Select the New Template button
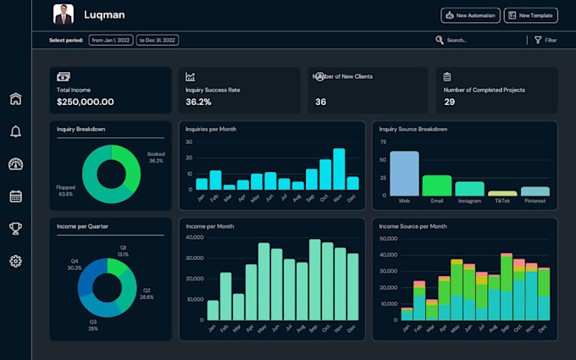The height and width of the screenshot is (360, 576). tap(531, 15)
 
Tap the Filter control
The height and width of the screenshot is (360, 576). tap(546, 40)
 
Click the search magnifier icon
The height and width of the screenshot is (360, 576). tap(440, 40)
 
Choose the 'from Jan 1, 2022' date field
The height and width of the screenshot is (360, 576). tap(111, 40)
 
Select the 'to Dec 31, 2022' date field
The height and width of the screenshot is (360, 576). tap(158, 40)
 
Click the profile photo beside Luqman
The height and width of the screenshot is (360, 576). tap(64, 14)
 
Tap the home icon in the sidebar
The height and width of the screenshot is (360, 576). tap(15, 99)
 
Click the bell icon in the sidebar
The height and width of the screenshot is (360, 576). tap(15, 131)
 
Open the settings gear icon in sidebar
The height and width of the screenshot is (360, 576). tap(15, 261)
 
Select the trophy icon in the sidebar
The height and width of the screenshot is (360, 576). tap(15, 228)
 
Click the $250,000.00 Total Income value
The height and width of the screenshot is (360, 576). tap(85, 102)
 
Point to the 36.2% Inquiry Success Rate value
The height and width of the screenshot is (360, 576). tap(198, 102)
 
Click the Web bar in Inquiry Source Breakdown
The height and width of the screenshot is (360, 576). tap(404, 174)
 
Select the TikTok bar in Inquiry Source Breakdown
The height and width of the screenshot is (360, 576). tap(502, 193)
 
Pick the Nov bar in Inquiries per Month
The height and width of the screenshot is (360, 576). tap(339, 169)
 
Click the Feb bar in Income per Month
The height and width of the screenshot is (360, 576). tap(226, 296)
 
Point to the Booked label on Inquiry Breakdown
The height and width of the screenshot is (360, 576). tap(156, 154)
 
